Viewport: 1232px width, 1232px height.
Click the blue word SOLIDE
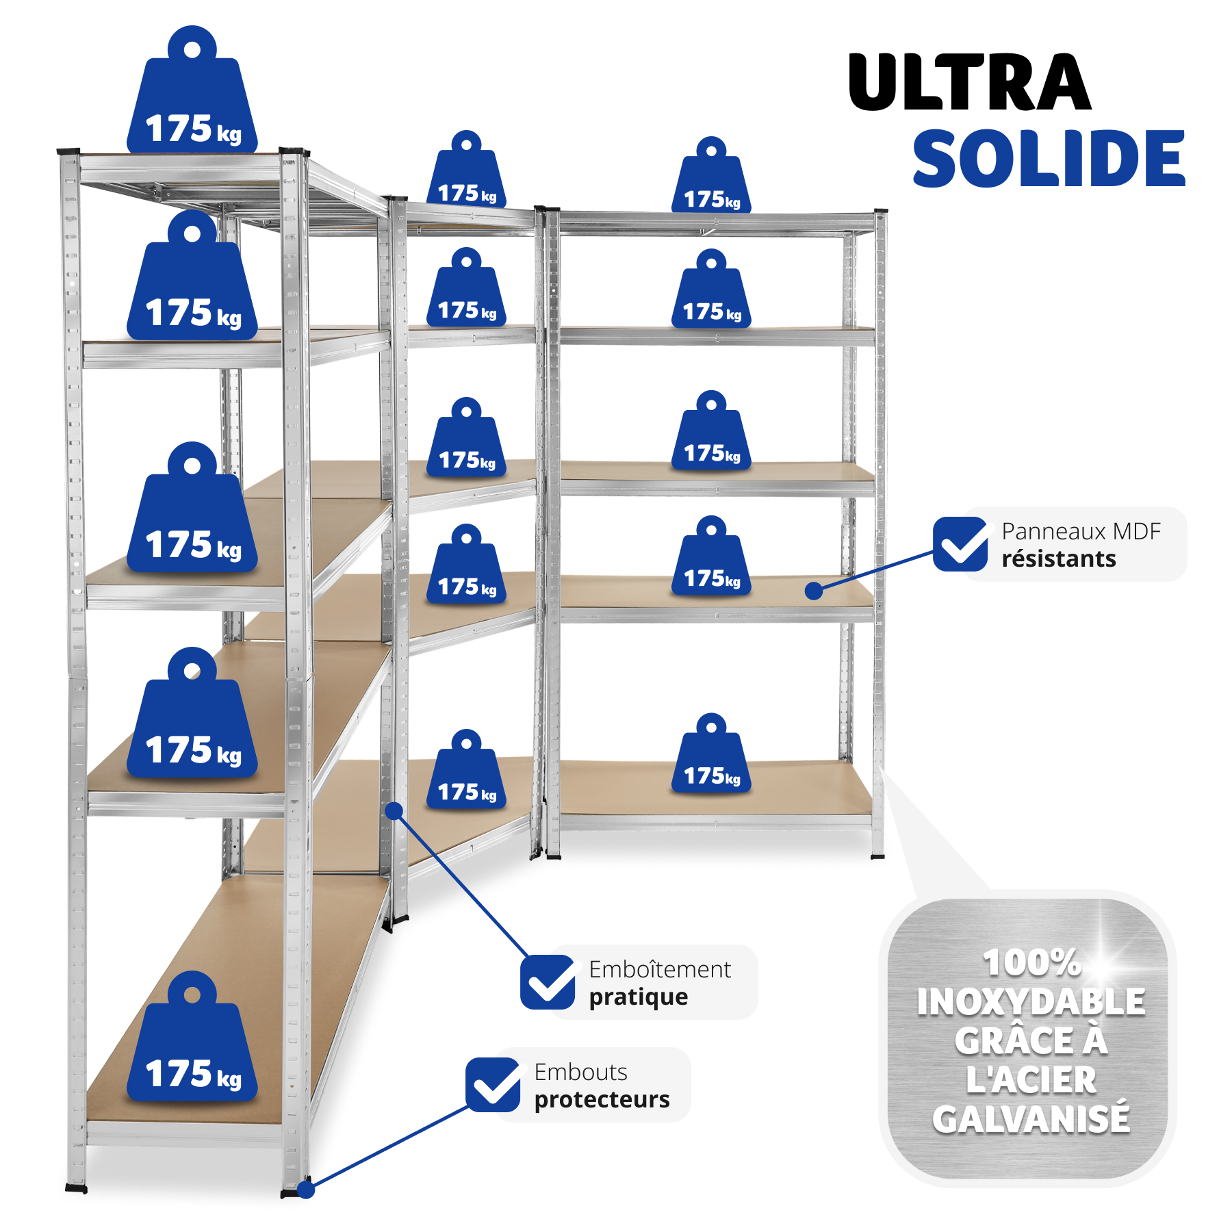click(x=1049, y=159)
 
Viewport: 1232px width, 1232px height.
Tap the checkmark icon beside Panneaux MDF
click(x=960, y=544)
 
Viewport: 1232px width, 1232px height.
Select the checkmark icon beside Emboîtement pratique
click(x=548, y=982)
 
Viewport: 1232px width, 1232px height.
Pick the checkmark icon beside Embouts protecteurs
click(x=493, y=1085)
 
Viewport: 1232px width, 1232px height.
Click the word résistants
click(x=1058, y=559)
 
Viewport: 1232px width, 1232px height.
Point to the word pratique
click(x=638, y=997)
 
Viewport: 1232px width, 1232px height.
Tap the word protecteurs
click(x=602, y=1100)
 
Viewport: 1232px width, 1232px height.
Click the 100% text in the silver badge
click(x=1031, y=962)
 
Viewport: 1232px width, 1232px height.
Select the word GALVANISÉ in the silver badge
click(x=1031, y=1120)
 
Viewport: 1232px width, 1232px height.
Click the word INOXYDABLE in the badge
click(x=1031, y=1002)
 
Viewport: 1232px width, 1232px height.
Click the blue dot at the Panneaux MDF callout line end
click(x=813, y=591)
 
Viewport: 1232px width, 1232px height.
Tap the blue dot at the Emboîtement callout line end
click(x=394, y=811)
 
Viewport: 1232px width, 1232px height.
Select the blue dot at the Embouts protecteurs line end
click(x=306, y=1190)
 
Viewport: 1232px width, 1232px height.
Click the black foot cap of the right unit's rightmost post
click(x=877, y=856)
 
